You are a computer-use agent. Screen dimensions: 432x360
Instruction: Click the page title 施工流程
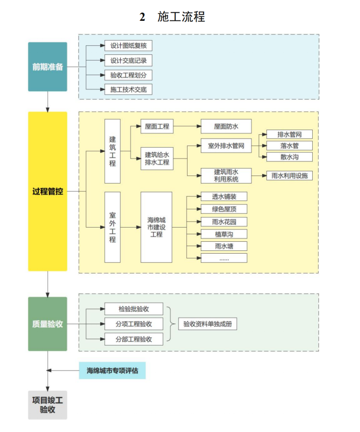click(173, 17)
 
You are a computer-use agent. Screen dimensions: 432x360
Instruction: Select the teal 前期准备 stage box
click(47, 67)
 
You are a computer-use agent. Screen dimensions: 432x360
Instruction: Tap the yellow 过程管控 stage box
click(47, 191)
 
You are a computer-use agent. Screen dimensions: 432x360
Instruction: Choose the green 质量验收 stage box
click(47, 324)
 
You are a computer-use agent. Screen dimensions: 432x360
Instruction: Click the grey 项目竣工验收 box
click(47, 405)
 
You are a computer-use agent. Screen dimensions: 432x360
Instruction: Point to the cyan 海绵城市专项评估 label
click(112, 370)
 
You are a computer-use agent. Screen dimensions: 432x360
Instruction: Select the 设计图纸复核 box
click(128, 46)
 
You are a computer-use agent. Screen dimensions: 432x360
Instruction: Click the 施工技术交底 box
click(128, 89)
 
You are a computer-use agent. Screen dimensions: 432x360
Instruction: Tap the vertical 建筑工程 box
click(112, 151)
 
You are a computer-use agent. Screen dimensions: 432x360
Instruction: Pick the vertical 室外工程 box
click(112, 227)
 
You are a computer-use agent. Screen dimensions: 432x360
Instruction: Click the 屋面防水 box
click(226, 126)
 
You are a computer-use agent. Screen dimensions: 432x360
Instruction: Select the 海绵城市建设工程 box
click(156, 227)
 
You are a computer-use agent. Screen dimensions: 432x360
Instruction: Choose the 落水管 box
click(289, 146)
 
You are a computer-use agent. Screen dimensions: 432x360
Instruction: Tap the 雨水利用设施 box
click(289, 176)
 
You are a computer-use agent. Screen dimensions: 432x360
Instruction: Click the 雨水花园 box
click(224, 221)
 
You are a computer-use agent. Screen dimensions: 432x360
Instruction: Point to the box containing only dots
click(224, 258)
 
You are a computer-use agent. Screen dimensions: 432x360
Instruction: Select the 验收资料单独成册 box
click(207, 324)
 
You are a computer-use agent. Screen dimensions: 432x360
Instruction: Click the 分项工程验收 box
click(134, 324)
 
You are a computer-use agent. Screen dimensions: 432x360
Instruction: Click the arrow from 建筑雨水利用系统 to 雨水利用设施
click(259, 176)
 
